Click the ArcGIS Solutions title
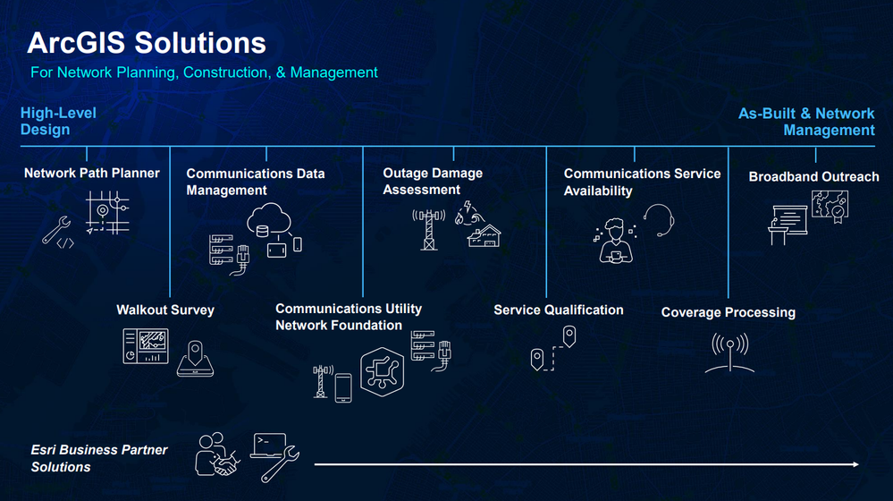click(x=147, y=43)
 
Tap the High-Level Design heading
click(x=58, y=121)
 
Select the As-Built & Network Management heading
click(x=806, y=122)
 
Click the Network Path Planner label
click(x=92, y=173)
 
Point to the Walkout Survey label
click(x=165, y=310)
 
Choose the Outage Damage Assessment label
click(x=433, y=181)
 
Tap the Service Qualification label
click(x=558, y=310)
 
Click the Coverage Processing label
click(x=728, y=312)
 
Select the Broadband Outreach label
click(x=813, y=176)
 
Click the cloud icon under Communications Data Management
click(x=269, y=218)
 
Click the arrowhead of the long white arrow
click(x=855, y=464)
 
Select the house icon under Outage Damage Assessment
click(x=484, y=236)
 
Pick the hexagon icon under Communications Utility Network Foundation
click(x=383, y=371)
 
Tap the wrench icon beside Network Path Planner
click(x=55, y=230)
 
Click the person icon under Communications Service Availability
click(x=615, y=242)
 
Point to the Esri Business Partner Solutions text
click(x=99, y=458)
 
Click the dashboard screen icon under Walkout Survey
click(x=146, y=346)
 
